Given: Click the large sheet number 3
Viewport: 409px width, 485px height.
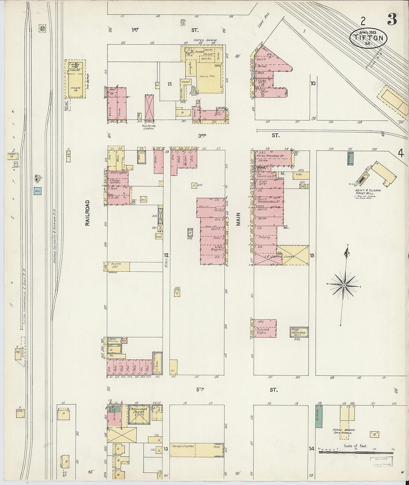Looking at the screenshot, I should click(x=392, y=19).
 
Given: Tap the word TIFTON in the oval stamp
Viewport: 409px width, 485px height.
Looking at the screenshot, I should click(x=368, y=38).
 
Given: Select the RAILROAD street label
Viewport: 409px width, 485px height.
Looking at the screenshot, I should click(x=88, y=213).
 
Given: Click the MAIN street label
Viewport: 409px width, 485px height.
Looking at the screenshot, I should click(x=238, y=219).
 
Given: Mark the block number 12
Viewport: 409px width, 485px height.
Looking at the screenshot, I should click(x=166, y=255).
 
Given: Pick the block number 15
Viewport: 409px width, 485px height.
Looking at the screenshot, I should click(x=312, y=256).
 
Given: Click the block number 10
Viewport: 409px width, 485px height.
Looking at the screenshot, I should click(x=313, y=84).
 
